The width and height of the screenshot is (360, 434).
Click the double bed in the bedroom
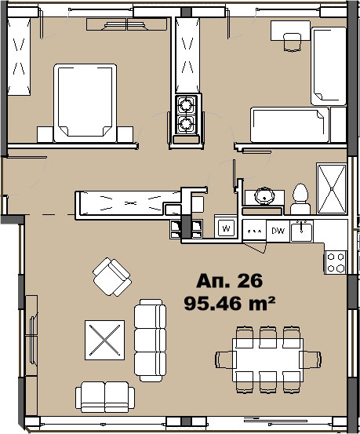tap(85, 103)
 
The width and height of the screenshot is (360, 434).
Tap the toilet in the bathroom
tap(300, 199)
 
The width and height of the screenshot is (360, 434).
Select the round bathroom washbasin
tap(265, 195)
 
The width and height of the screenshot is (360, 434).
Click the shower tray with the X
tap(332, 189)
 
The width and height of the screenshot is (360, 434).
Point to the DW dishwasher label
tap(278, 231)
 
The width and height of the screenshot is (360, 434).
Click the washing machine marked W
tap(226, 228)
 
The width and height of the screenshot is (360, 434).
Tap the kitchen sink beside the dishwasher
tap(301, 232)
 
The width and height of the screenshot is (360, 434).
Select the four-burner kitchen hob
tap(336, 262)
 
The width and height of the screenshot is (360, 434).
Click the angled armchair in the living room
tap(112, 277)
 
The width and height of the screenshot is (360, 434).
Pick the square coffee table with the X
tap(104, 340)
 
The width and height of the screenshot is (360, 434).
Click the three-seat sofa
tap(150, 341)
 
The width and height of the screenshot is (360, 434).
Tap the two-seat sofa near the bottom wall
tap(105, 397)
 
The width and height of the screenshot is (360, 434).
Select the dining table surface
tap(268, 359)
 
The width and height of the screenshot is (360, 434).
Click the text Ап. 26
tap(229, 281)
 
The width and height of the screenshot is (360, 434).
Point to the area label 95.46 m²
tap(229, 304)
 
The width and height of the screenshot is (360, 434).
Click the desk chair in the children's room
tap(293, 42)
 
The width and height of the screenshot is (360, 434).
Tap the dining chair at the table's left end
tap(225, 359)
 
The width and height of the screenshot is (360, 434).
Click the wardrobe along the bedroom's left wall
tap(19, 57)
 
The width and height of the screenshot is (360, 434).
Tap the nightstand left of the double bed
tap(45, 134)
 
